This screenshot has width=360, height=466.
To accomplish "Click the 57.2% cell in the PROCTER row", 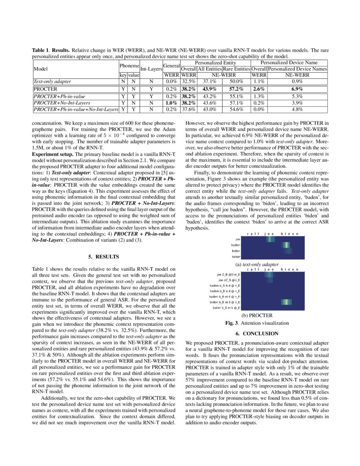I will click(x=236, y=89).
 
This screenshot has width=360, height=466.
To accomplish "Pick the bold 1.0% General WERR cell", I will click(x=171, y=103).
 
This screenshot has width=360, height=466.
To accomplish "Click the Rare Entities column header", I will click(x=236, y=68).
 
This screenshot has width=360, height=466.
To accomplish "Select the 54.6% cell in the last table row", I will click(x=236, y=109).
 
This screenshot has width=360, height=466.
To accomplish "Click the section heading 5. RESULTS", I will click(x=104, y=257).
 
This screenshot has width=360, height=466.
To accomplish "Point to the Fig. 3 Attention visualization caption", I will click(x=256, y=323).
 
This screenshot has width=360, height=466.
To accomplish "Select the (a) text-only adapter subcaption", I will click(x=256, y=264).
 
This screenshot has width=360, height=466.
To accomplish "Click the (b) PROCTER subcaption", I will click(x=256, y=315).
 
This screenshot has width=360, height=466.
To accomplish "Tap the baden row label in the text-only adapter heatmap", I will click(x=235, y=245).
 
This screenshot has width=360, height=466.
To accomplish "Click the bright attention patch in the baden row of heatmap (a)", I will click(x=286, y=245).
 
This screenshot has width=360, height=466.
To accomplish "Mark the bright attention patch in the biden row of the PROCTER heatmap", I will click(x=286, y=302).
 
